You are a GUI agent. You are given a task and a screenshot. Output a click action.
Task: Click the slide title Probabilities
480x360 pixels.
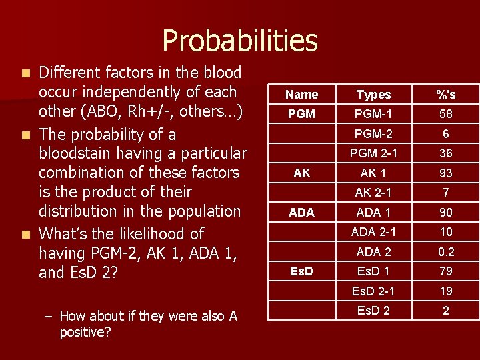click(240, 40)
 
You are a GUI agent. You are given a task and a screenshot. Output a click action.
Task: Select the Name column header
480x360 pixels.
click(301, 95)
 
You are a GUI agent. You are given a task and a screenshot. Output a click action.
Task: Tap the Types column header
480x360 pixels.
click(373, 95)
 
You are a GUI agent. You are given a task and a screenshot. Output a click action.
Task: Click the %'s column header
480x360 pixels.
click(445, 95)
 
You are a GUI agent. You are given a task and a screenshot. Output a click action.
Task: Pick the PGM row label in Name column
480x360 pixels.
click(301, 114)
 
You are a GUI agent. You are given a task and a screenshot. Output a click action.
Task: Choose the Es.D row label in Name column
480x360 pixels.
click(301, 271)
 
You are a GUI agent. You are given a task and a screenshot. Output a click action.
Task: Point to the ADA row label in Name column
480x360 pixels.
click(301, 213)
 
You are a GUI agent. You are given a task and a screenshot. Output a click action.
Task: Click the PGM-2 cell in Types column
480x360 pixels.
click(373, 133)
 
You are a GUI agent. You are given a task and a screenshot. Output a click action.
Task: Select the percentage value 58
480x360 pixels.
click(445, 114)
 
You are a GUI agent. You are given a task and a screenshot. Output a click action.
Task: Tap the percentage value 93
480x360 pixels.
click(445, 173)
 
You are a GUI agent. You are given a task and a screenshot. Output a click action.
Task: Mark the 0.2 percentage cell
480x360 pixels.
click(445, 251)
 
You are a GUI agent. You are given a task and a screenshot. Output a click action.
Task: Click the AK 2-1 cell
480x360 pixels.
click(373, 193)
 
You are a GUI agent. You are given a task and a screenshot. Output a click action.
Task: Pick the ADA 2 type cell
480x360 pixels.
click(373, 251)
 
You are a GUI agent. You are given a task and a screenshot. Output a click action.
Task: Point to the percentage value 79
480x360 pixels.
click(445, 271)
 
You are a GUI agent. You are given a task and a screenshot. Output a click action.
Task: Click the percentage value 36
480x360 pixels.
click(445, 153)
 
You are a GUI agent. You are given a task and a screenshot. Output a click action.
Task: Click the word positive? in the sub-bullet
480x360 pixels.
click(85, 331)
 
